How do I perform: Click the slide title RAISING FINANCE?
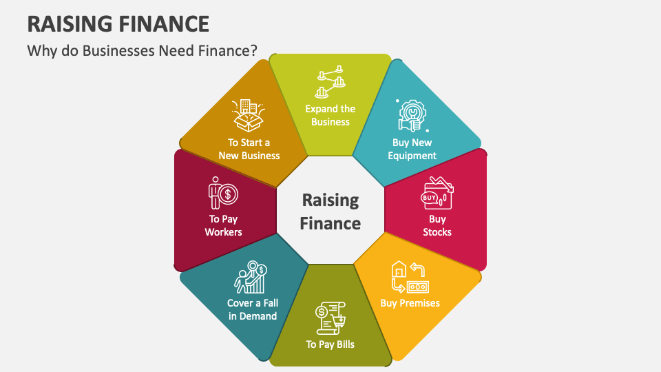click(x=118, y=23)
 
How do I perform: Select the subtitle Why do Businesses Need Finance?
click(x=143, y=50)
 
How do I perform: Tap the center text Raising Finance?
click(x=330, y=211)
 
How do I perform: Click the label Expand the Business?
click(x=330, y=115)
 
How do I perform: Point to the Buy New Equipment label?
click(x=412, y=149)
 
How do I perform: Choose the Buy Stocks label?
click(x=437, y=225)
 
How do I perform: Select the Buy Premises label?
click(x=410, y=302)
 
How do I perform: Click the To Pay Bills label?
click(x=330, y=344)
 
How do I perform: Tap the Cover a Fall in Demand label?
click(x=253, y=309)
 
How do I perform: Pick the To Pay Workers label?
click(x=223, y=225)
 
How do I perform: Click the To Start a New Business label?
click(x=249, y=149)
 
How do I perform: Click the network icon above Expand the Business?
click(x=330, y=83)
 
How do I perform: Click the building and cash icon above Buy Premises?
click(x=409, y=276)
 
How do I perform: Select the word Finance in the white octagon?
click(x=330, y=223)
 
